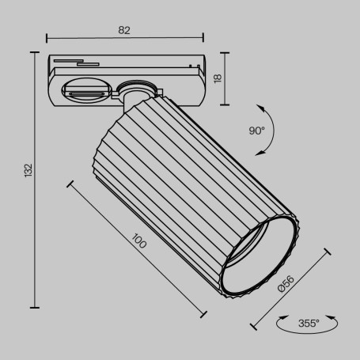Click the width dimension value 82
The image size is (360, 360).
(x=124, y=30)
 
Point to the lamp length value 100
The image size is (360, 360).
(x=139, y=241)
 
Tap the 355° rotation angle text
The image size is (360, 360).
(x=309, y=323)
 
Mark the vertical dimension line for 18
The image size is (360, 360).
(x=227, y=79)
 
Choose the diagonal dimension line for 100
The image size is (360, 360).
(x=135, y=248)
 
